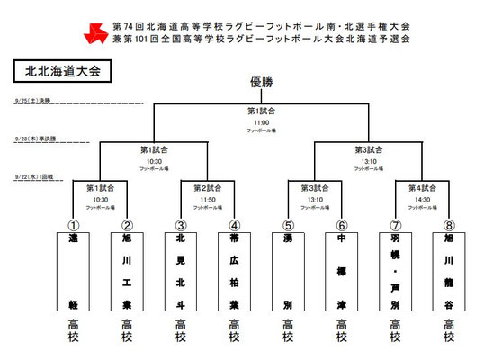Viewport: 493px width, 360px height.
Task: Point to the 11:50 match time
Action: [208, 198]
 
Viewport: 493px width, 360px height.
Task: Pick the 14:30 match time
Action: [423, 198]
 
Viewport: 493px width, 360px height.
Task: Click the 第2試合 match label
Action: [208, 188]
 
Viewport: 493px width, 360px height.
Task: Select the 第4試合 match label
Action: [423, 188]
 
